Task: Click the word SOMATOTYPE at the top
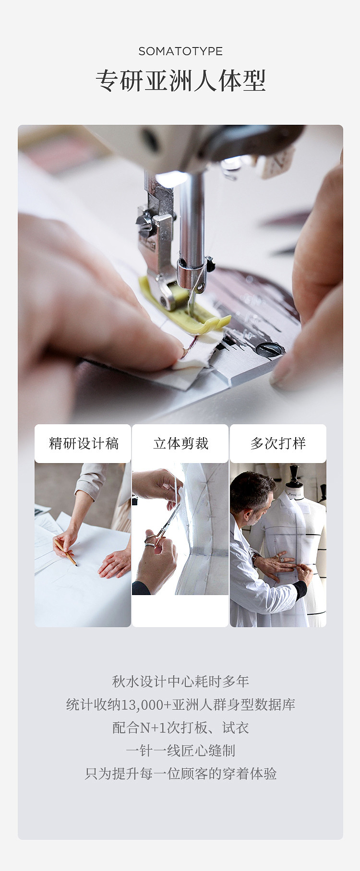coord(180,51)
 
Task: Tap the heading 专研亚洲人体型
coord(180,81)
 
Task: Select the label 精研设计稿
coord(84,443)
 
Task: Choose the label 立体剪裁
coord(180,443)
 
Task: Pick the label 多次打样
coord(278,443)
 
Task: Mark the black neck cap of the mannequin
coord(295,476)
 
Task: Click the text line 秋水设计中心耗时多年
coord(180,681)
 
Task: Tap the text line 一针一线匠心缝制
coord(180,751)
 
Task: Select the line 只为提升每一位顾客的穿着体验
coord(180,774)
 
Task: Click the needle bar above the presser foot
coord(192,221)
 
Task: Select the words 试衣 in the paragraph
coord(235,728)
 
